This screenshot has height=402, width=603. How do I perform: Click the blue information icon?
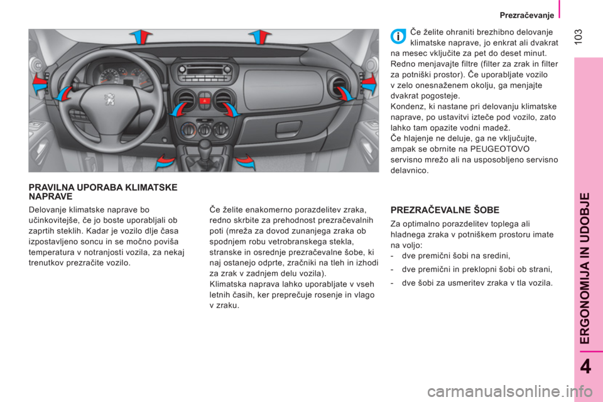[x=398, y=36]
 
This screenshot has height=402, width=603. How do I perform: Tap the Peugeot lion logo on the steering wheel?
[x=109, y=99]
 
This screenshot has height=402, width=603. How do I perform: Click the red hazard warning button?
[x=205, y=102]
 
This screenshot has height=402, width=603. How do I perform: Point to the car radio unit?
[x=205, y=71]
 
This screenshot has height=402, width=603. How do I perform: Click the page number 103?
[x=579, y=36]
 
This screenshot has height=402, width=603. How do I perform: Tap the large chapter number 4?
[x=585, y=366]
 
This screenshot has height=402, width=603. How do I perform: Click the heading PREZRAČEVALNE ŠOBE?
[x=445, y=210]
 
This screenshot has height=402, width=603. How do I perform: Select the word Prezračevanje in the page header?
[x=527, y=15]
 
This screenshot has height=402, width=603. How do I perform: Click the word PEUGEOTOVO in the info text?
[x=500, y=149]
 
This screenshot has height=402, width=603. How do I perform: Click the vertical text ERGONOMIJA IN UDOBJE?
[x=585, y=268]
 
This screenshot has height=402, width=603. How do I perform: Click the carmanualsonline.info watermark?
[x=510, y=391]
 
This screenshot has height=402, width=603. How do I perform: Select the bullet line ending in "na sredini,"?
[x=450, y=256]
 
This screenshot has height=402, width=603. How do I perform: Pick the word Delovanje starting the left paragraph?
[x=46, y=210]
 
